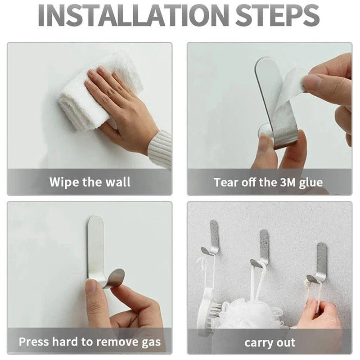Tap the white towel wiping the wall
click(x=90, y=94)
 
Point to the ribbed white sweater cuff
click(x=161, y=148)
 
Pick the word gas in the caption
click(x=149, y=342)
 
